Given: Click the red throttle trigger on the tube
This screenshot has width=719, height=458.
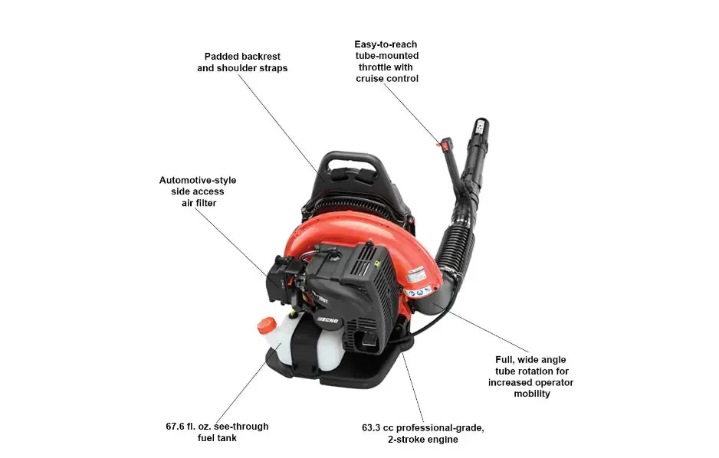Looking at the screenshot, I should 443,142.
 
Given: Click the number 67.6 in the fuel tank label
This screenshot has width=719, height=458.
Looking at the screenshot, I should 178,427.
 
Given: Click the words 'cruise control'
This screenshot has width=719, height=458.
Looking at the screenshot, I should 387,79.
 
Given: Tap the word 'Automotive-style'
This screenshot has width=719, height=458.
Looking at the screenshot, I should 198,180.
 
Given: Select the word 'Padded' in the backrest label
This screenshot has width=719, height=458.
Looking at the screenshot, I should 222,56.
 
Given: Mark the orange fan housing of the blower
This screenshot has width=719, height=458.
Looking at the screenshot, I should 399,230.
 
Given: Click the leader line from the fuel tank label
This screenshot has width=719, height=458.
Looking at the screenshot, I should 237,391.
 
